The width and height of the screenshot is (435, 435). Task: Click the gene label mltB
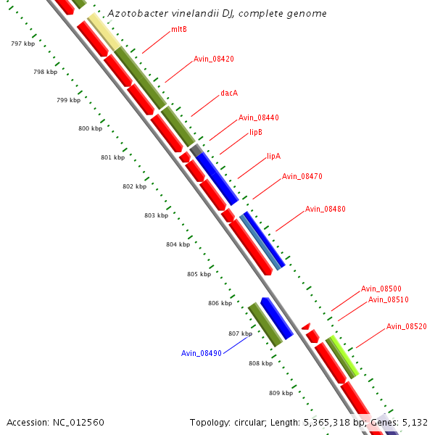pyautogui.click(x=178, y=30)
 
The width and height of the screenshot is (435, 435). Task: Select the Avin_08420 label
pyautogui.click(x=213, y=59)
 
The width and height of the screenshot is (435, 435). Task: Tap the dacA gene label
pyautogui.click(x=229, y=94)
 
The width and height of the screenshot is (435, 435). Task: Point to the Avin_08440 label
pyautogui.click(x=258, y=117)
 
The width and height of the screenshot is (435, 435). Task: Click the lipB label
pyautogui.click(x=256, y=132)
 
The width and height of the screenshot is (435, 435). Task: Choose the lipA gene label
pyautogui.click(x=273, y=156)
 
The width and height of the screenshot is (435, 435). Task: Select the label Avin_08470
pyautogui.click(x=302, y=176)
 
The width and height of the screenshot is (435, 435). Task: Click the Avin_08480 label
pyautogui.click(x=325, y=209)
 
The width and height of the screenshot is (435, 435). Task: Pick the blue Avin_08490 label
pyautogui.click(x=201, y=353)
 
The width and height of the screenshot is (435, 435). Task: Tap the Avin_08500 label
pyautogui.click(x=381, y=289)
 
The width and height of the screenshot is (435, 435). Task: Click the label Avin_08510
pyautogui.click(x=388, y=299)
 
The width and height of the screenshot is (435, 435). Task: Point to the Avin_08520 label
pyautogui.click(x=406, y=326)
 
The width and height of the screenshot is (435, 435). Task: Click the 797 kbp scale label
pyautogui.click(x=22, y=44)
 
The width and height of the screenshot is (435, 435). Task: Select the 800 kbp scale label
pyautogui.click(x=90, y=128)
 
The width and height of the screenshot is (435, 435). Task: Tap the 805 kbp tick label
pyautogui.click(x=199, y=274)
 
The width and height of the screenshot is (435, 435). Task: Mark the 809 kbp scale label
pyautogui.click(x=281, y=393)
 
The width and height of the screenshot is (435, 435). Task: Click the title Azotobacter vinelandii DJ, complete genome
pyautogui.click(x=216, y=14)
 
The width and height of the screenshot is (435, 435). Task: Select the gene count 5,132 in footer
pyautogui.click(x=413, y=422)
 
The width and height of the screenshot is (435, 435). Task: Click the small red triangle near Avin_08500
pyautogui.click(x=306, y=327)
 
